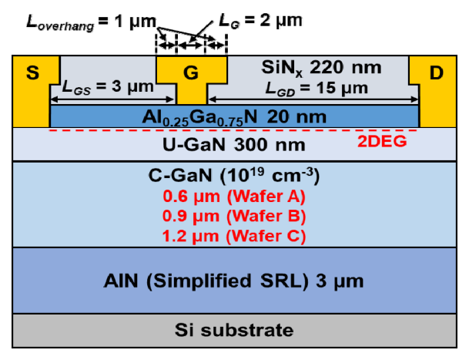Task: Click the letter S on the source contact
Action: [x=32, y=72]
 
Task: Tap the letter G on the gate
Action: [x=191, y=72]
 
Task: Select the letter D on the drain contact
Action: [x=436, y=72]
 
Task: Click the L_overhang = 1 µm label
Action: [x=91, y=22]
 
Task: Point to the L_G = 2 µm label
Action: [x=260, y=21]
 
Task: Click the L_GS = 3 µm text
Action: [x=108, y=87]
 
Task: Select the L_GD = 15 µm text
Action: [x=317, y=89]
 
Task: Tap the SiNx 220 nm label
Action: [x=321, y=68]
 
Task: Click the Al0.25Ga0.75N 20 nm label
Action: [x=234, y=117]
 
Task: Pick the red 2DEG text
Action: [x=382, y=141]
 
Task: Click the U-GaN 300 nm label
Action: [x=234, y=145]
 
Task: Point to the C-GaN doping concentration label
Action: [x=234, y=175]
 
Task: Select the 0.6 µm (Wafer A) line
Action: [x=234, y=197]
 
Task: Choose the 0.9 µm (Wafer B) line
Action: [x=234, y=216]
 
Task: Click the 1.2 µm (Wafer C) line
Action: [x=234, y=236]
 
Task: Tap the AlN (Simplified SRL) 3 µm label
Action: [x=233, y=281]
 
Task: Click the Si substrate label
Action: [x=234, y=331]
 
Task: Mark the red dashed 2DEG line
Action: [x=233, y=130]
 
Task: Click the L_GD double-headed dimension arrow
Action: [x=313, y=99]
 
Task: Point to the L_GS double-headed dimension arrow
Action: [x=112, y=99]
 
